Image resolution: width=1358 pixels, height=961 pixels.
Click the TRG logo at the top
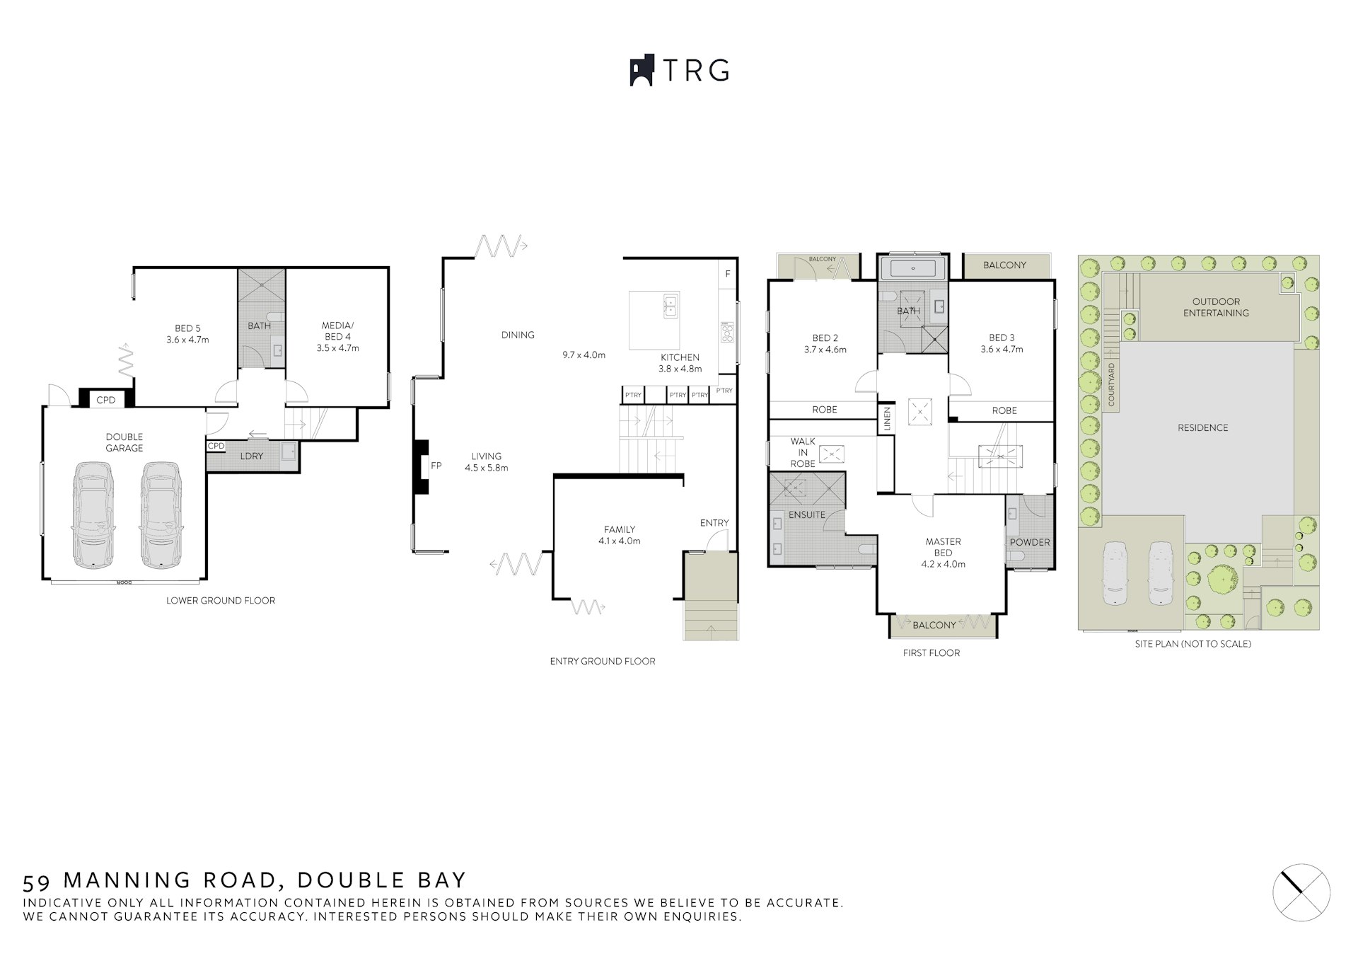pyautogui.click(x=679, y=71)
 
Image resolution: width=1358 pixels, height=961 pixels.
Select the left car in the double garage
pyautogui.click(x=93, y=514)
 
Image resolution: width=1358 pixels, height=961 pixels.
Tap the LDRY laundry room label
pyautogui.click(x=251, y=456)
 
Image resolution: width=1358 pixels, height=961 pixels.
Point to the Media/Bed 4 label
pyautogui.click(x=337, y=337)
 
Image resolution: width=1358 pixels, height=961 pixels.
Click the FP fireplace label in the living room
pyautogui.click(x=436, y=466)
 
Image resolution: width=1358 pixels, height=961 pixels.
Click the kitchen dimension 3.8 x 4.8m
pyautogui.click(x=680, y=369)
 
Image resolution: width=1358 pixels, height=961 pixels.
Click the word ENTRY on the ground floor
pyautogui.click(x=714, y=523)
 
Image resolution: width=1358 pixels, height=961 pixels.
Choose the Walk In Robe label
pyautogui.click(x=803, y=452)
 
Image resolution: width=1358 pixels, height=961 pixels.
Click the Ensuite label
pyautogui.click(x=806, y=514)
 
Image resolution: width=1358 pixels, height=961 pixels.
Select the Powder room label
pyautogui.click(x=1029, y=542)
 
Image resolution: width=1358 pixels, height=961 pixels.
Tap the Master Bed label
pyautogui.click(x=943, y=547)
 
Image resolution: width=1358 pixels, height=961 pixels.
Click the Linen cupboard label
pyautogui.click(x=886, y=419)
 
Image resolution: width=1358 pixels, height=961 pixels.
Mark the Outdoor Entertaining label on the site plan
pyautogui.click(x=1216, y=307)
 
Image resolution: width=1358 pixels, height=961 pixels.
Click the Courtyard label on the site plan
pyautogui.click(x=1111, y=385)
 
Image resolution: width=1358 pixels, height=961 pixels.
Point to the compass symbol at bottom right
pyautogui.click(x=1301, y=892)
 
